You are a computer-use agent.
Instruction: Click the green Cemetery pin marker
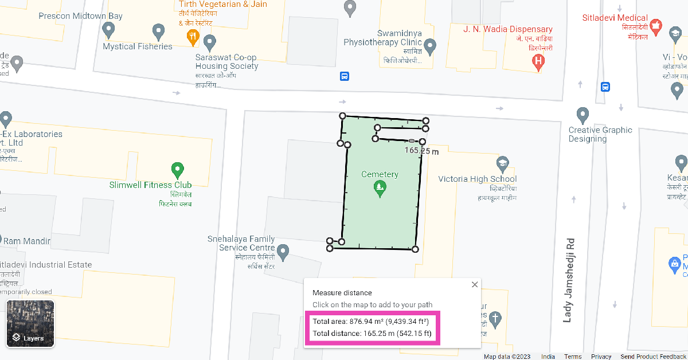379,187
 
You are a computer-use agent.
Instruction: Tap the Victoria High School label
477,179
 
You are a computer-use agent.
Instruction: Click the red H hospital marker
538,61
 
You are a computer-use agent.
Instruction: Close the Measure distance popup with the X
474,284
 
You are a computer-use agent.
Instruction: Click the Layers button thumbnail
30,324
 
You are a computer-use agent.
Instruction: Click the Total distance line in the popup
372,334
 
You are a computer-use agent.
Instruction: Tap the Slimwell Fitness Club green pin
178,170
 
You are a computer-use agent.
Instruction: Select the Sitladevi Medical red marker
656,26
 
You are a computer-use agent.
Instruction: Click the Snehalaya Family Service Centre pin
282,251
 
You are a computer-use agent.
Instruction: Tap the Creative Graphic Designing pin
583,114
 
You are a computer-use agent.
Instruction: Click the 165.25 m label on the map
421,151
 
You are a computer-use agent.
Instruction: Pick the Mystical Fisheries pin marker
159,31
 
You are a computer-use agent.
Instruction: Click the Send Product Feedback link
653,357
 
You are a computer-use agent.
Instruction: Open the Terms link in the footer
573,357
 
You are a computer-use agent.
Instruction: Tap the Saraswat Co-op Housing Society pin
210,42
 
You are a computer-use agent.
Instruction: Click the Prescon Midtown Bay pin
108,29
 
